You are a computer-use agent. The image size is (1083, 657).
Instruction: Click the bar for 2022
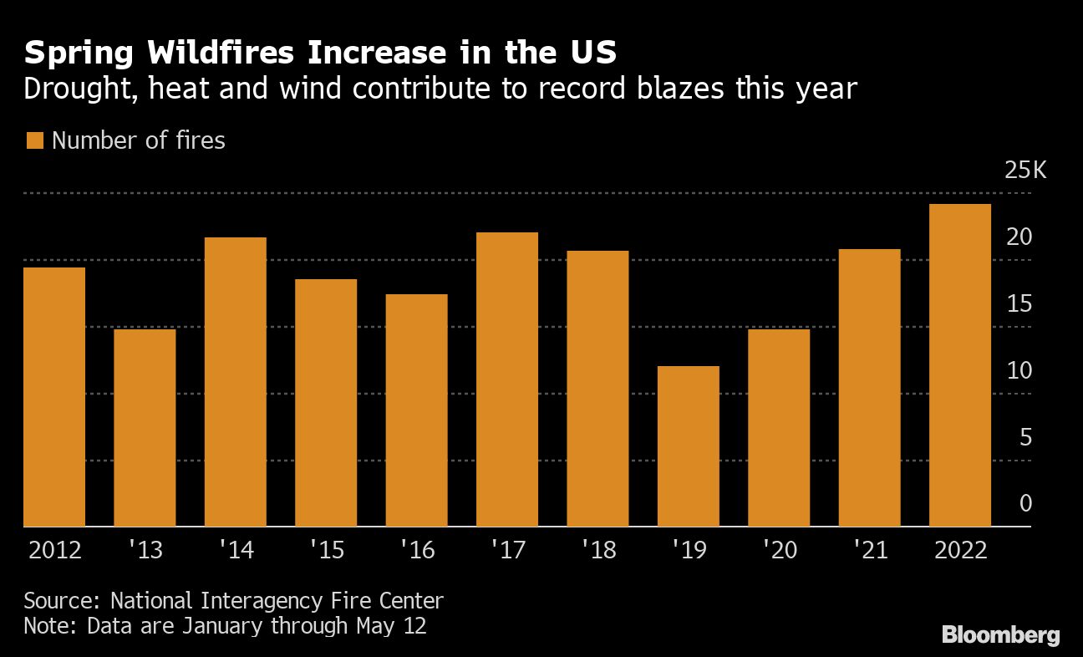tap(959, 365)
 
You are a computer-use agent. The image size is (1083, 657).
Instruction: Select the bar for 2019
tap(688, 446)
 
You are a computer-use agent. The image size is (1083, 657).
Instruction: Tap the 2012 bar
tap(54, 397)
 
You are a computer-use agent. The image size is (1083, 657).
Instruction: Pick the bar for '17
tap(506, 379)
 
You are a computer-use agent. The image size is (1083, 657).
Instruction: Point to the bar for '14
tap(235, 382)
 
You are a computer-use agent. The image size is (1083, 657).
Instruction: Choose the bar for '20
tap(778, 428)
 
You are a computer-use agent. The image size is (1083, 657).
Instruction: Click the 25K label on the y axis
tap(1025, 171)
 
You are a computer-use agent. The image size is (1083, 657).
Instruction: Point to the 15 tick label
tap(1019, 304)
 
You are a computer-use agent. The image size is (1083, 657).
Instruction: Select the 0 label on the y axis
tap(1025, 504)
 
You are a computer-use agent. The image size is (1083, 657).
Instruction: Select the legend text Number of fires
tap(139, 140)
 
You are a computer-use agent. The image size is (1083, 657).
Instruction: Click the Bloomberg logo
tap(1000, 635)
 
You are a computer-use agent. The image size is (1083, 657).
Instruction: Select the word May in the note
tap(376, 625)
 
